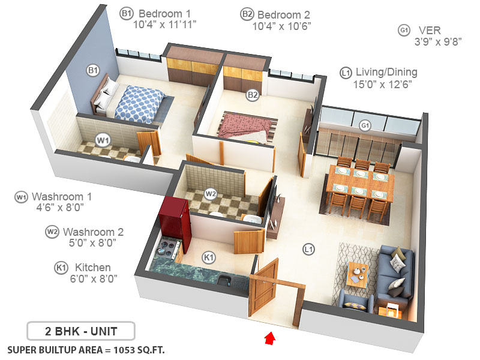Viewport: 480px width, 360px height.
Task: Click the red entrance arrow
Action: click(270, 339)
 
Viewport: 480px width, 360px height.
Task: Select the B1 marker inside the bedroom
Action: click(93, 71)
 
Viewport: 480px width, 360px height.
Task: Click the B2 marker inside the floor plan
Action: click(253, 94)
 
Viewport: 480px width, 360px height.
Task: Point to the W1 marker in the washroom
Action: click(104, 140)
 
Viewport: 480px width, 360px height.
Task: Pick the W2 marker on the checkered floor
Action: click(210, 194)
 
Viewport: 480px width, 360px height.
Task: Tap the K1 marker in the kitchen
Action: click(209, 257)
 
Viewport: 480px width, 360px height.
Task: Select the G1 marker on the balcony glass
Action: click(362, 125)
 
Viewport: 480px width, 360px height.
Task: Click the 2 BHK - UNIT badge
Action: click(80, 331)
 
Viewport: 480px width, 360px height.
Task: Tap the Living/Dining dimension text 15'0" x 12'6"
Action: click(378, 84)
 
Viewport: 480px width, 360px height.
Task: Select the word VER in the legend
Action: click(430, 30)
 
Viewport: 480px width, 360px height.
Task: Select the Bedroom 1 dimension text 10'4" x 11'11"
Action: click(165, 25)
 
